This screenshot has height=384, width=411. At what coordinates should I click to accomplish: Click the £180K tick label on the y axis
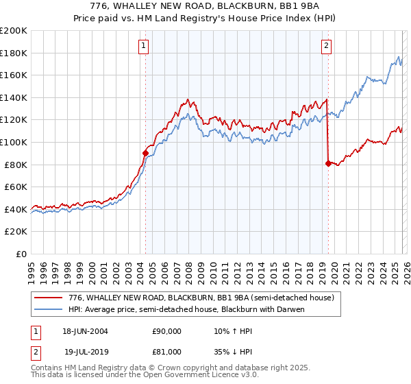coord(14,53)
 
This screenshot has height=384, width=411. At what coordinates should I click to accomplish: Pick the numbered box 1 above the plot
coord(144,46)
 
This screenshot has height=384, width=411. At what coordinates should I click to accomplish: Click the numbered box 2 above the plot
coord(326,46)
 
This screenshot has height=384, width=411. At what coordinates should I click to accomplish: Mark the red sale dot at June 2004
coord(145,154)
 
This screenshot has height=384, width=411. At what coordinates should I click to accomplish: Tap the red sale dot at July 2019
coord(328,163)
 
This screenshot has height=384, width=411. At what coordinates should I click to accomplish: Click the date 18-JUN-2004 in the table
coord(85,331)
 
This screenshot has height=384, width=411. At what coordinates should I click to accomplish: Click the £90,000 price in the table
coord(167,331)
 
